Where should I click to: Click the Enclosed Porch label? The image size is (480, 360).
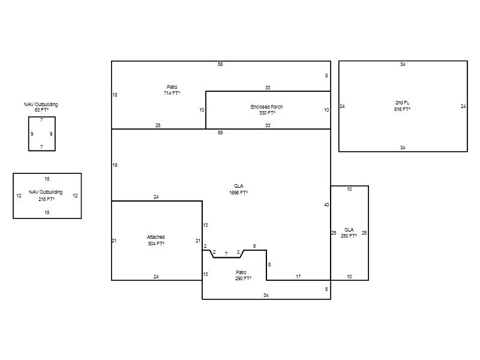tap(266, 107)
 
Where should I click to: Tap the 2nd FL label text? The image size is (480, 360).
tap(402, 103)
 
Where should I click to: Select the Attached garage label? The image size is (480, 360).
tap(156, 237)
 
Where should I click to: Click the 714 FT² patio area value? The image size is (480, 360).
tap(172, 93)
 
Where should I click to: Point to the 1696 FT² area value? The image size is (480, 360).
tap(238, 193)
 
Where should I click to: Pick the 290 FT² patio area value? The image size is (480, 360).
tap(244, 278)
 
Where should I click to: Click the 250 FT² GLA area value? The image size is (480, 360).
tap(349, 236)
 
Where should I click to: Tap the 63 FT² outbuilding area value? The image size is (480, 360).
tap(41, 110)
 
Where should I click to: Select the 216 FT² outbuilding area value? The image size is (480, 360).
tap(46, 199)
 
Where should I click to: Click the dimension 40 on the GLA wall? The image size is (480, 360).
tap(326, 205)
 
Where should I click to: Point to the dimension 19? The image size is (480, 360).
tap(115, 166)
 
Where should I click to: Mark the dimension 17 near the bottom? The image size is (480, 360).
tap(298, 277)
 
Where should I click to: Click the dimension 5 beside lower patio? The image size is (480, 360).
tap(326, 289)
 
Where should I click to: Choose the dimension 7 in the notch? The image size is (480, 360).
tap(226, 254)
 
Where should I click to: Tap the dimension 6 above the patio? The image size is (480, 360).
tap(254, 246)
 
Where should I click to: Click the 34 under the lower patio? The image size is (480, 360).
tap(266, 295)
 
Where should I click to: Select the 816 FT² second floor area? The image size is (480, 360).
tap(402, 109)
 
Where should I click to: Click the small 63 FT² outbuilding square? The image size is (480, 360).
tap(28, 134)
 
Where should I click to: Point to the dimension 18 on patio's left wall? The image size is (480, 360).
tap(115, 95)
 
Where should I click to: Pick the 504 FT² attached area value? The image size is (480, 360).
tap(156, 244)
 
